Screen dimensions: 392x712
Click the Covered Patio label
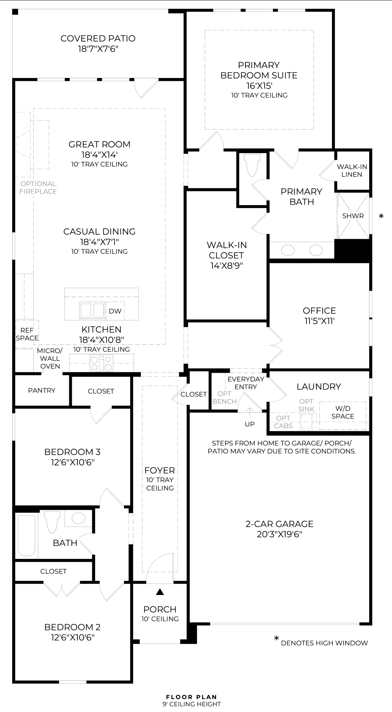click(98, 38)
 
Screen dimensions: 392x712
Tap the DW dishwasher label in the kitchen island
click(115, 311)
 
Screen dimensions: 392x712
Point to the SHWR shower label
click(353, 216)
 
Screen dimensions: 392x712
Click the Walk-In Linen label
click(352, 171)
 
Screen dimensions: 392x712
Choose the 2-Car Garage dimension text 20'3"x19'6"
click(279, 534)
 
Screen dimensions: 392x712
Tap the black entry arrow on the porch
click(160, 592)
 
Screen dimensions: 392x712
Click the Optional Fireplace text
click(38, 188)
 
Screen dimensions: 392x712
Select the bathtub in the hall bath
click(27, 535)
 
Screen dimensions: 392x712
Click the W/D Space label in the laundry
click(343, 412)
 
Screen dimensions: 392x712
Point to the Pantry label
click(41, 390)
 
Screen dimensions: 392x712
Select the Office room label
click(319, 311)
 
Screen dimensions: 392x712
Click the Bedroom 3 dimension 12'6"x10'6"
click(73, 462)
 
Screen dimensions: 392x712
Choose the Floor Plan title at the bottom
click(191, 697)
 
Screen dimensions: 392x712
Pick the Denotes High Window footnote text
click(324, 643)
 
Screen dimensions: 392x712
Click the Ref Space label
click(27, 334)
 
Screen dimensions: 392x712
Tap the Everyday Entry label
click(246, 383)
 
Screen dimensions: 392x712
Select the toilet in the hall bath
click(52, 521)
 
